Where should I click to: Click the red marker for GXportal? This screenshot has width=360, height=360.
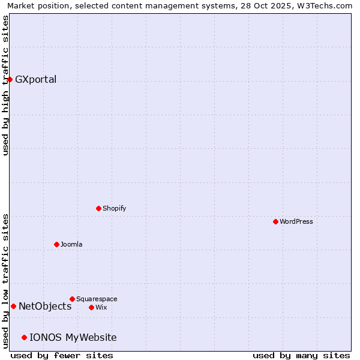pos(10,79)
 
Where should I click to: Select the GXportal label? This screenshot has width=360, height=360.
pos(35,80)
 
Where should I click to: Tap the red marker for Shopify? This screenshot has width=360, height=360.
pos(98,208)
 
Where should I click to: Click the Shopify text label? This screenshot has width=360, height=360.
pos(114,208)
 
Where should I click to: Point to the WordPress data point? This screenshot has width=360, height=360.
pos(275,221)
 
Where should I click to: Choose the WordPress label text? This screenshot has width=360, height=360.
pos(296,221)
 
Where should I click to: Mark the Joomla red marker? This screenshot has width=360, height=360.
pos(56,244)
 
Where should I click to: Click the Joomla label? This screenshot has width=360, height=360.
pos(71,244)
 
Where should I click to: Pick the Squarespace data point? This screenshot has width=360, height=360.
pos(72,299)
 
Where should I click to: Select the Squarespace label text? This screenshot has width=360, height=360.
pos(97,299)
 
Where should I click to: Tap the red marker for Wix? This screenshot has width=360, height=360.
pos(91,307)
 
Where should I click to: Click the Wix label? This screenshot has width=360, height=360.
pos(101,307)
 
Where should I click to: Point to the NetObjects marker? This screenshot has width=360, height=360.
pos(13,306)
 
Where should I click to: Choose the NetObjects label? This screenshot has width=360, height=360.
pos(45,307)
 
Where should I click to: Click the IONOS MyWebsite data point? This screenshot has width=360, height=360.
pos(24,337)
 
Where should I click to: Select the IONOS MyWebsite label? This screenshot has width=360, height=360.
pos(73,338)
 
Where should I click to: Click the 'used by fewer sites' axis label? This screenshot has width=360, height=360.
pos(62,355)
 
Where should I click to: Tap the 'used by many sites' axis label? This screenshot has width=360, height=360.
pos(301,355)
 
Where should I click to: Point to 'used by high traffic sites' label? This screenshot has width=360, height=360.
pos(5,85)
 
